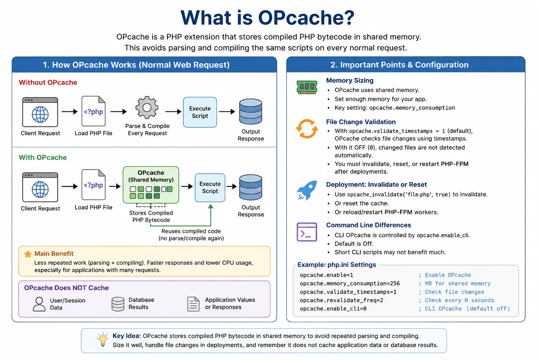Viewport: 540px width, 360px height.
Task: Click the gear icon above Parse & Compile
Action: coord(147,108)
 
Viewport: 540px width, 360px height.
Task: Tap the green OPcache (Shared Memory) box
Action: coord(151,185)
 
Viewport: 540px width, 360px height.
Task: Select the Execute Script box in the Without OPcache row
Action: coord(200,112)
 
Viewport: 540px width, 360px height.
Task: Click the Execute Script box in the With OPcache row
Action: coord(210,187)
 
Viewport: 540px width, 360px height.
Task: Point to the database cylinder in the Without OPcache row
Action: coord(250,111)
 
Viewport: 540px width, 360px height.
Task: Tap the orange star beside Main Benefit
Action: coord(28,254)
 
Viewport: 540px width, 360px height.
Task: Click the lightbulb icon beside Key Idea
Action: coord(103,340)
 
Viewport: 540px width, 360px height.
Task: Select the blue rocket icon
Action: coord(307,190)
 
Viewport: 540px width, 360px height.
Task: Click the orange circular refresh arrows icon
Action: coord(307,129)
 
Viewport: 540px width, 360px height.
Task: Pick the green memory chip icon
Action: coord(307,87)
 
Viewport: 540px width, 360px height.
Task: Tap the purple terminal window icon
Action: coord(307,232)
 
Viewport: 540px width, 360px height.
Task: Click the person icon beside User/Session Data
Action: coord(39,304)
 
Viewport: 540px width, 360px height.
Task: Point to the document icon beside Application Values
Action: coord(193,304)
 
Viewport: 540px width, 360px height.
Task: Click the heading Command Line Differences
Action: coord(368,225)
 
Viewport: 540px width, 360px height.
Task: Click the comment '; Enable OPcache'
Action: coord(445,275)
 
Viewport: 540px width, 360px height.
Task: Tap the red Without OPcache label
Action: coord(48,83)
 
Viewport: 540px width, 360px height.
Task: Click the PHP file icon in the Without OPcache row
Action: coord(94,111)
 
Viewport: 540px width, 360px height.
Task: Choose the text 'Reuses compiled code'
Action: coord(191,231)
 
